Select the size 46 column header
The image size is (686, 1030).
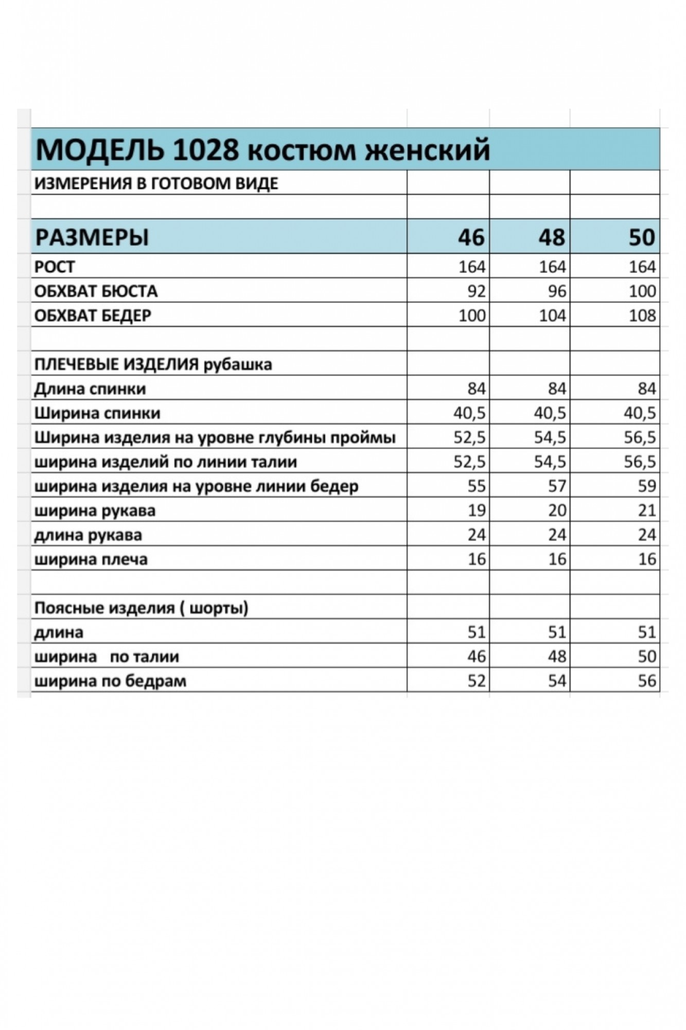[471, 237]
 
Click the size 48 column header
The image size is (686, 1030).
[551, 237]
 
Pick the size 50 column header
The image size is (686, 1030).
[641, 237]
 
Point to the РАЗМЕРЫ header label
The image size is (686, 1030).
[92, 237]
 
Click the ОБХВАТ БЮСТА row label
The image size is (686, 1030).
[96, 291]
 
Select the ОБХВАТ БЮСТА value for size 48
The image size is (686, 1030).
[556, 291]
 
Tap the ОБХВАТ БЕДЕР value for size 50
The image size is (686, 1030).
[642, 315]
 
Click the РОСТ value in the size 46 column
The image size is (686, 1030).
[471, 267]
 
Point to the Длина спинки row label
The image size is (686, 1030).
[90, 389]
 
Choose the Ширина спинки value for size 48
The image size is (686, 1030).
[550, 413]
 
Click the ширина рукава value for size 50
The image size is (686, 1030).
[646, 510]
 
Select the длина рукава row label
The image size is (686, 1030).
[88, 535]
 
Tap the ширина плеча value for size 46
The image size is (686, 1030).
[477, 559]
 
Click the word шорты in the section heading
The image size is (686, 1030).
[217, 608]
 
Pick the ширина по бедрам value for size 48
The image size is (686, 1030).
[556, 681]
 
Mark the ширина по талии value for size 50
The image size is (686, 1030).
[646, 657]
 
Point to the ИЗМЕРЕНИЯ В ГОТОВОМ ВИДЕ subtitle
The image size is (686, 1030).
[156, 183]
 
